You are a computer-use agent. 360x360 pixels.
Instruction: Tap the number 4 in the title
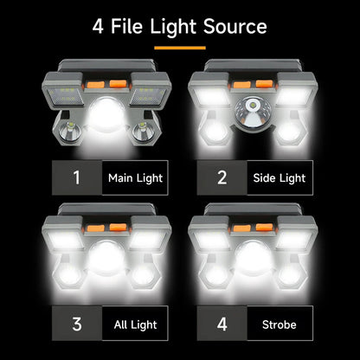pos(100,26)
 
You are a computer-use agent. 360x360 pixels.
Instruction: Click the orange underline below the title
pos(180,47)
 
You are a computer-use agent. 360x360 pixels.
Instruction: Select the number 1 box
pos(77,178)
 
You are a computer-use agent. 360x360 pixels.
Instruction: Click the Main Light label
pos(135,178)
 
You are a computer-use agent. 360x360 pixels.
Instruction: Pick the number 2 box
pos(222,178)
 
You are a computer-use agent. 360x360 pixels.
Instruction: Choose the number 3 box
pos(77,325)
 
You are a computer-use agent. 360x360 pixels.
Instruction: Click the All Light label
pos(135,325)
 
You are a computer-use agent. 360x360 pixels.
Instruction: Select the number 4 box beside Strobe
pos(222,325)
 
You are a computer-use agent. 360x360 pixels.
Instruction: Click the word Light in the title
pos(172,26)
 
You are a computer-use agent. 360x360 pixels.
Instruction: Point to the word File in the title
pos(129,26)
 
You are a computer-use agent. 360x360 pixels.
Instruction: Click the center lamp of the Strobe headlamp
pos(252,260)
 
